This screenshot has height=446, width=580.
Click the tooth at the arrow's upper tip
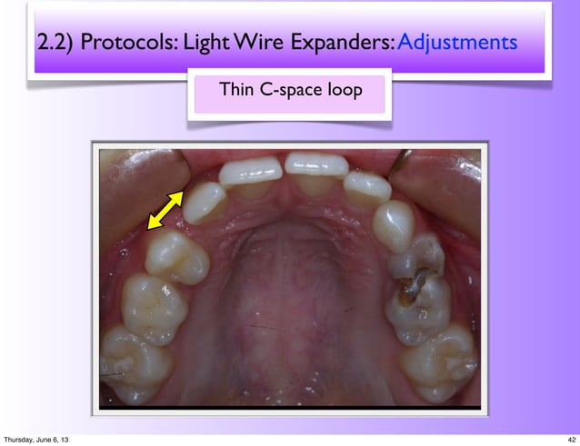click(x=205, y=201)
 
